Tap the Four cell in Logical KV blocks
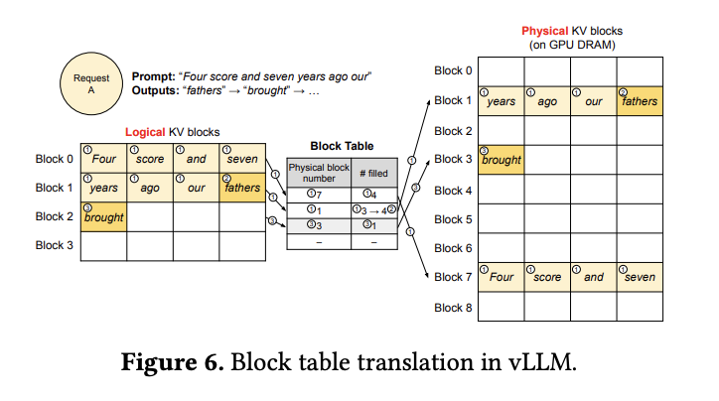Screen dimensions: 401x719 103,159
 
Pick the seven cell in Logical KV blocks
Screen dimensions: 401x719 241,159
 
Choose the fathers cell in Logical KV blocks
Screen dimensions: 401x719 241,188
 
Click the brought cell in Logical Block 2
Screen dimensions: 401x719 103,216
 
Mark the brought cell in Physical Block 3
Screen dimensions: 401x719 501,160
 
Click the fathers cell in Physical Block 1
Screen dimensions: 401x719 638,100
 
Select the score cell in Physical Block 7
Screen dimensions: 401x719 546,277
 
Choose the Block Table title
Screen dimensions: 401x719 342,145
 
